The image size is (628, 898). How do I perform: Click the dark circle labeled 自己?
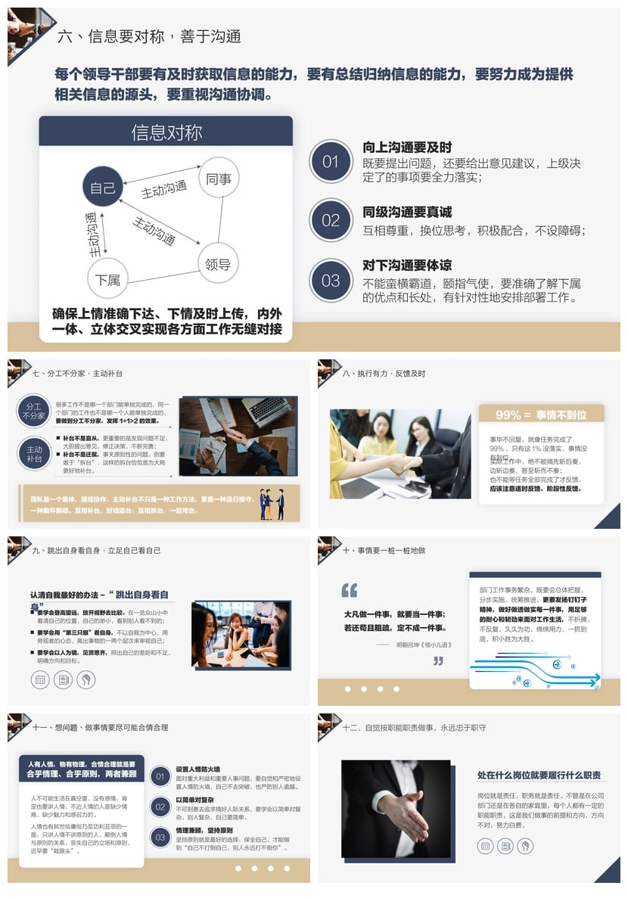(x=102, y=187)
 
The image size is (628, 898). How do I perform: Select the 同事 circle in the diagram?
(x=219, y=179)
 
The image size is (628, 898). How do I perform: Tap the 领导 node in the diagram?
(x=218, y=264)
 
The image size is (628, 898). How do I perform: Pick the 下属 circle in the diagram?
(x=107, y=280)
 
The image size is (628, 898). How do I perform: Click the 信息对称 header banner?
(x=166, y=132)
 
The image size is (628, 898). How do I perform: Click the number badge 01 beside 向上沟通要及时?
(x=331, y=161)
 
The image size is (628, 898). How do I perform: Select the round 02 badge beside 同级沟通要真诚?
(x=331, y=220)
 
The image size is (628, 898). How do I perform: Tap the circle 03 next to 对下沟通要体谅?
(x=331, y=280)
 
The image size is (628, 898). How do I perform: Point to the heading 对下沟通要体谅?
(x=407, y=265)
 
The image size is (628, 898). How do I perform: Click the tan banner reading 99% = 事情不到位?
(x=541, y=415)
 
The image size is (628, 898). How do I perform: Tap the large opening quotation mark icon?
(x=350, y=590)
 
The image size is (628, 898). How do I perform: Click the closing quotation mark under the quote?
(x=438, y=660)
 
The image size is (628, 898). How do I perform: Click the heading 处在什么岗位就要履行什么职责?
(x=539, y=775)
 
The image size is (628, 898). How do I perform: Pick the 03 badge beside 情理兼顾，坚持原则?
(x=160, y=837)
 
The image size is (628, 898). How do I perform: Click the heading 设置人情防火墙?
(x=198, y=769)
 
